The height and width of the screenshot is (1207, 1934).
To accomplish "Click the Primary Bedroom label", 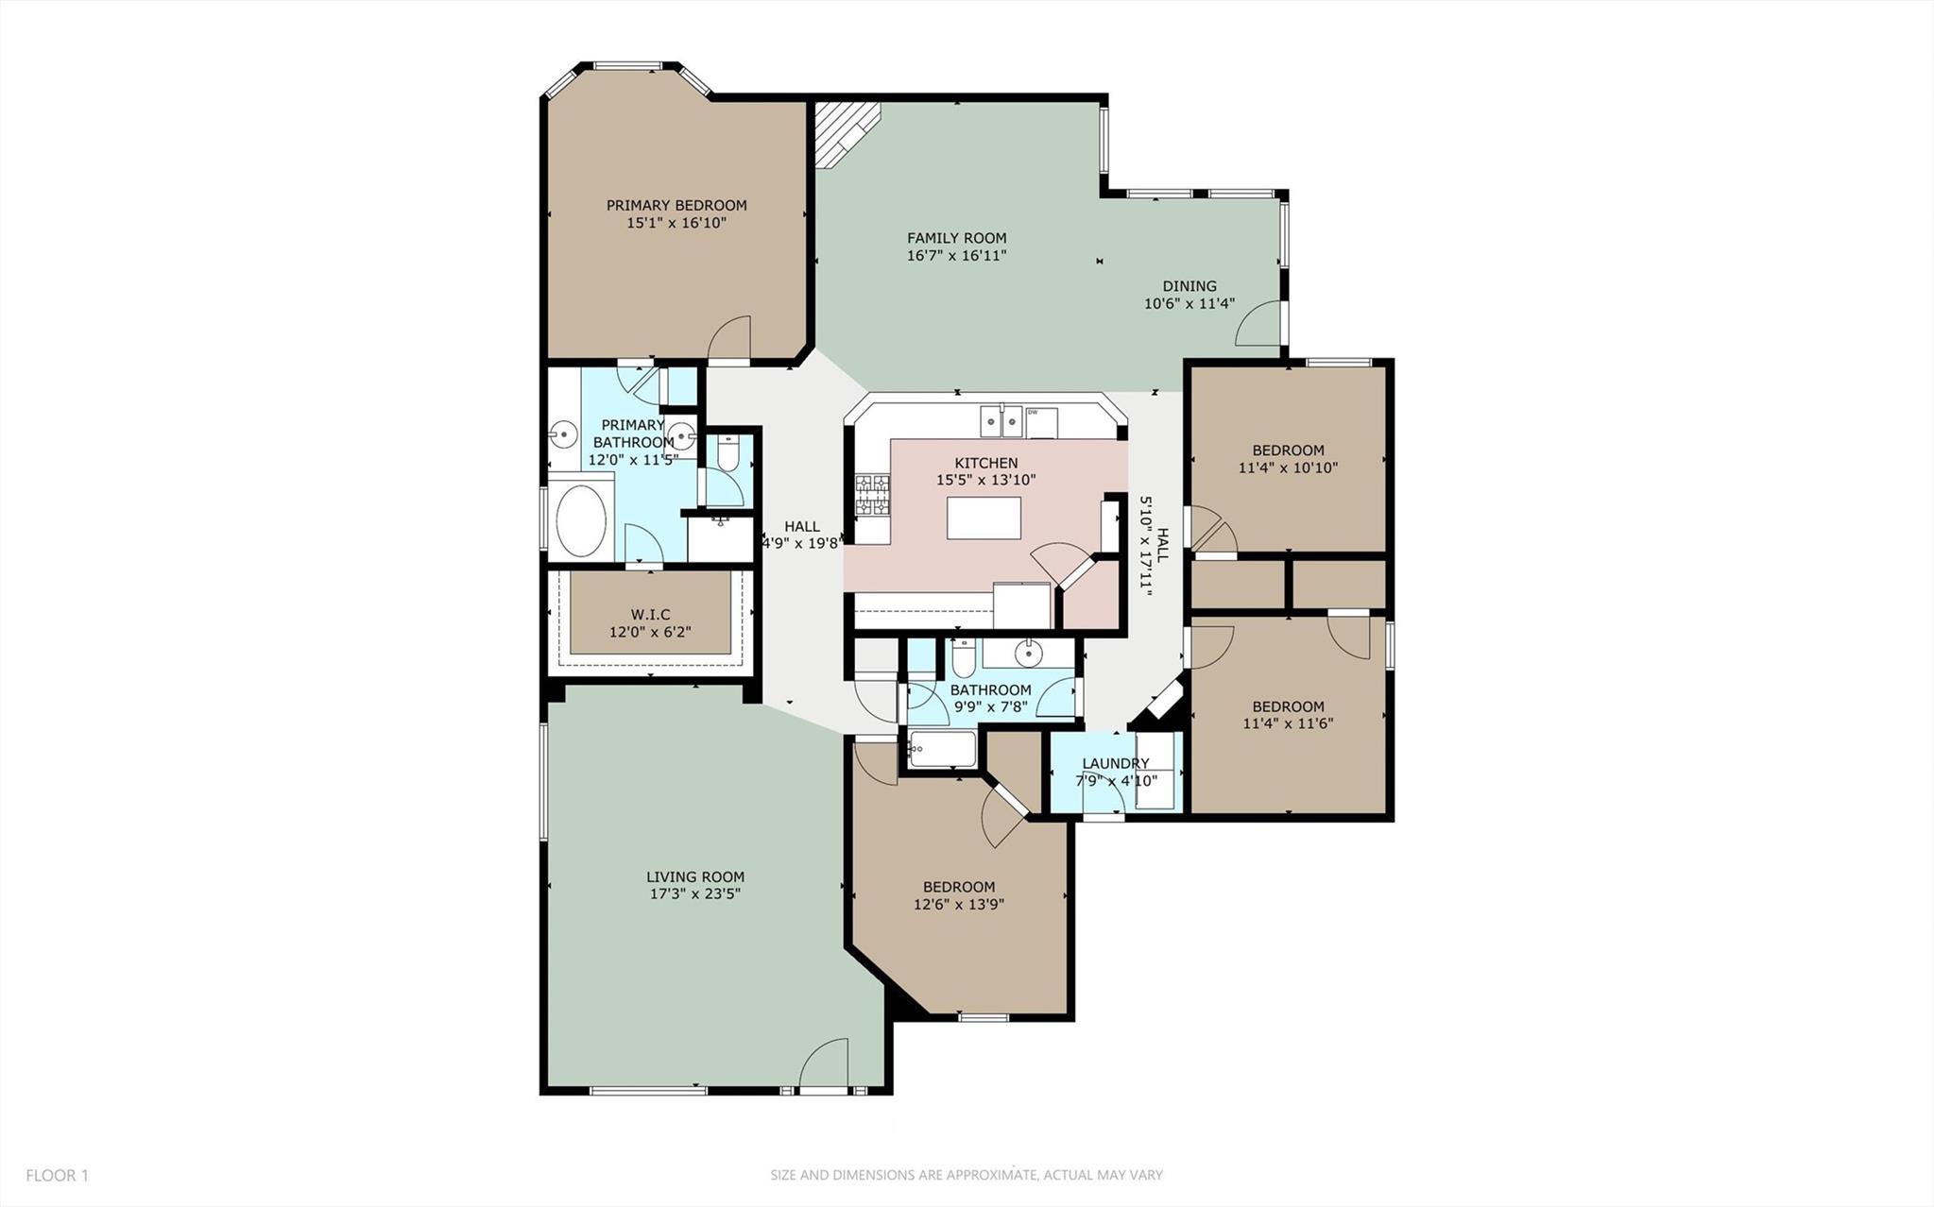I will coord(676,205).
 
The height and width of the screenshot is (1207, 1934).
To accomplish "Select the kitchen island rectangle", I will coord(984,518).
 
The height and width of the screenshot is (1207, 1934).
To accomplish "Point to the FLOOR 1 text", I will coord(57,1176).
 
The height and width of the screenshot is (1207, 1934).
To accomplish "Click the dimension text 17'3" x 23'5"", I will coord(694,894).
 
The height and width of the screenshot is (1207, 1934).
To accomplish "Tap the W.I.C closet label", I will coord(650,615).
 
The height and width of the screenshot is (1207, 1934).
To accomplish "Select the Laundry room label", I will coord(1115,763).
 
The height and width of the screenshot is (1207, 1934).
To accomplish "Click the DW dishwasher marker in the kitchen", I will coord(1033,413).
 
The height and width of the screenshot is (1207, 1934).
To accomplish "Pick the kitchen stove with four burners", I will coord(872,496).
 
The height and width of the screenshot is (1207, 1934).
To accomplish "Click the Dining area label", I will coord(1189,286).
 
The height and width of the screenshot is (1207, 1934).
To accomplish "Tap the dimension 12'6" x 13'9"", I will coord(958,904).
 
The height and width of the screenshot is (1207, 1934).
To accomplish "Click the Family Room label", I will coord(956,238).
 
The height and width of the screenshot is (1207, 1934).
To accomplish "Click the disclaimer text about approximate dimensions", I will coord(966,1175).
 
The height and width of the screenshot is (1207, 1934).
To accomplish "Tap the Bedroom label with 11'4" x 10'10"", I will coord(1288,450).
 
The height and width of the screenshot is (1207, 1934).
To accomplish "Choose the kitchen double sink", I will coord(1001,420).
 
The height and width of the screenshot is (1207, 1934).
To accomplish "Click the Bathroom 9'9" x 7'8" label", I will coord(990,690).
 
